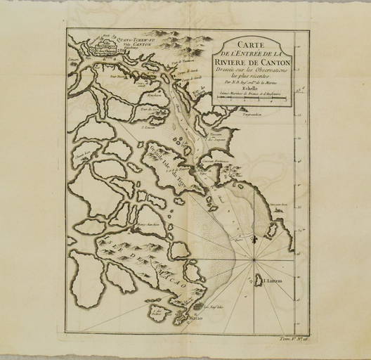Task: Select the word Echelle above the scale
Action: tap(247, 89)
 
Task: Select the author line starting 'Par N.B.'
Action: tap(249, 82)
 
